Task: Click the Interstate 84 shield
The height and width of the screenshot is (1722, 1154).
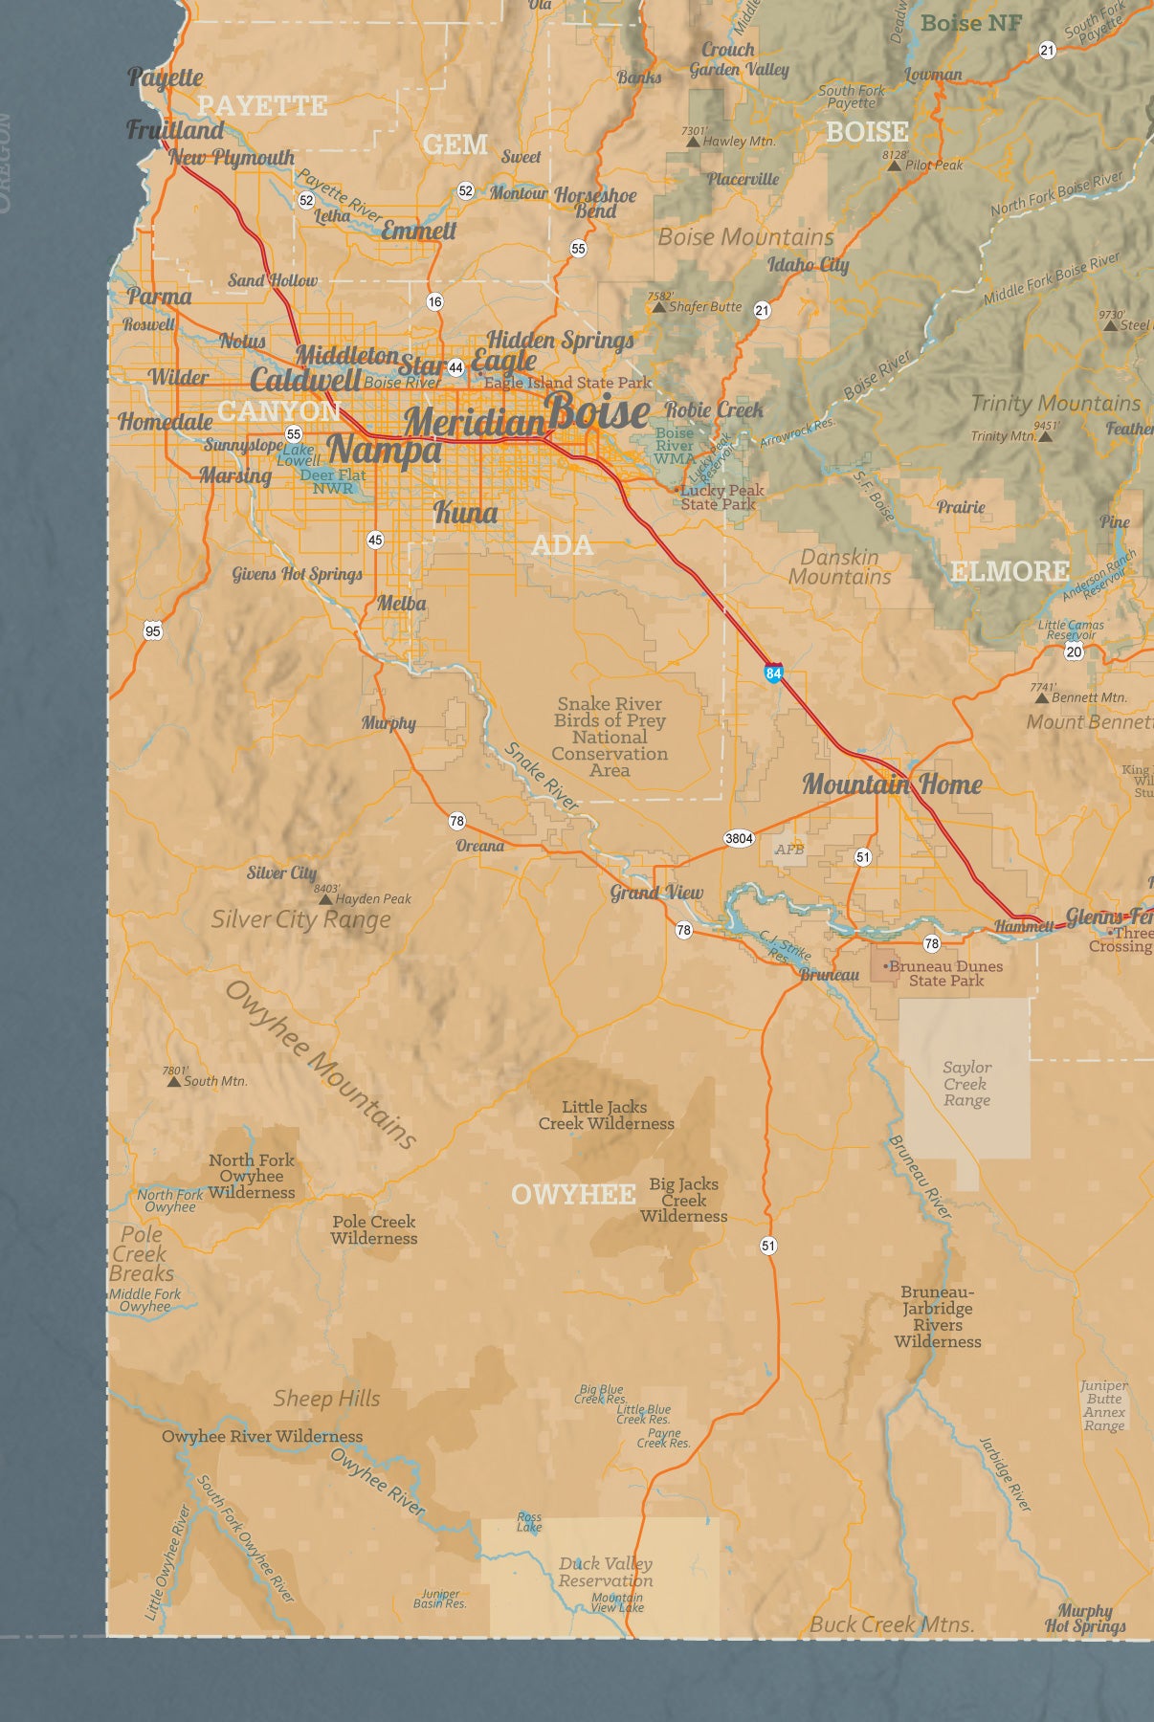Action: tap(774, 673)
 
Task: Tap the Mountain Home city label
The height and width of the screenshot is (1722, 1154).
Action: tap(892, 784)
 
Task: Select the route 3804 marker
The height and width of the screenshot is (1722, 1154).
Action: tap(739, 838)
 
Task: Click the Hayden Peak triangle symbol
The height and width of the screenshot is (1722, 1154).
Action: tap(325, 899)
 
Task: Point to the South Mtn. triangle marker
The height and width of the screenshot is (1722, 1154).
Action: tap(173, 1081)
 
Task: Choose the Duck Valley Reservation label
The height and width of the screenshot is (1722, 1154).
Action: tap(605, 1572)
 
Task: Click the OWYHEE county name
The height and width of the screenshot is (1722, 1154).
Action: tap(573, 1194)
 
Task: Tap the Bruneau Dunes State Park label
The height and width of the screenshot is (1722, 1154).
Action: tap(945, 973)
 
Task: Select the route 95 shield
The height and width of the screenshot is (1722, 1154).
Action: tap(153, 629)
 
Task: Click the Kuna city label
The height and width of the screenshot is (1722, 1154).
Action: tap(466, 513)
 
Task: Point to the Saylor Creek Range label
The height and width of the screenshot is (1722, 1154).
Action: tap(966, 1083)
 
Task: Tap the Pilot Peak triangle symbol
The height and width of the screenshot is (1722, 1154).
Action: tap(894, 166)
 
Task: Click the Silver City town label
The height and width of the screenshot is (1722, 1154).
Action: tap(281, 872)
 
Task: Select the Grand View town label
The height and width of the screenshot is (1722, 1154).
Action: tap(656, 893)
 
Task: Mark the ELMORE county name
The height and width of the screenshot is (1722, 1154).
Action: tap(1010, 571)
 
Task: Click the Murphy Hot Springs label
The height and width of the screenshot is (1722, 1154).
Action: tap(1085, 1618)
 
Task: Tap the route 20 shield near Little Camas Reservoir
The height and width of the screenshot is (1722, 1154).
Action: tap(1074, 651)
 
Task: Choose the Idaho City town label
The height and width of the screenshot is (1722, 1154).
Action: tap(808, 265)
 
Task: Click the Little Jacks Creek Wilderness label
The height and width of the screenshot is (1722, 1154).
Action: tap(606, 1115)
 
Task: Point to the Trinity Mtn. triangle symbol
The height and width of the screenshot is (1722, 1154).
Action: tap(1045, 436)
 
